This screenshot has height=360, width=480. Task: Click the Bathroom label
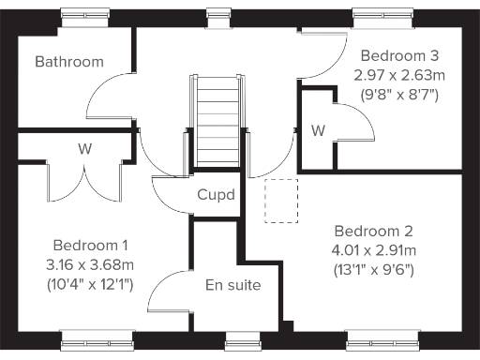click(68, 62)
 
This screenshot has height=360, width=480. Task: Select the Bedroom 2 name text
click(374, 231)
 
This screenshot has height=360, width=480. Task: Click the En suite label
click(232, 285)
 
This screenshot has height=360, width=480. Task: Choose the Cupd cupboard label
click(216, 195)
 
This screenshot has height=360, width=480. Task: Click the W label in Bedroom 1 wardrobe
click(84, 148)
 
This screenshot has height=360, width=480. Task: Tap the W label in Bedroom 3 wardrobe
click(318, 130)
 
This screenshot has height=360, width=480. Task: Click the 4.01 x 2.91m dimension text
click(374, 250)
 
